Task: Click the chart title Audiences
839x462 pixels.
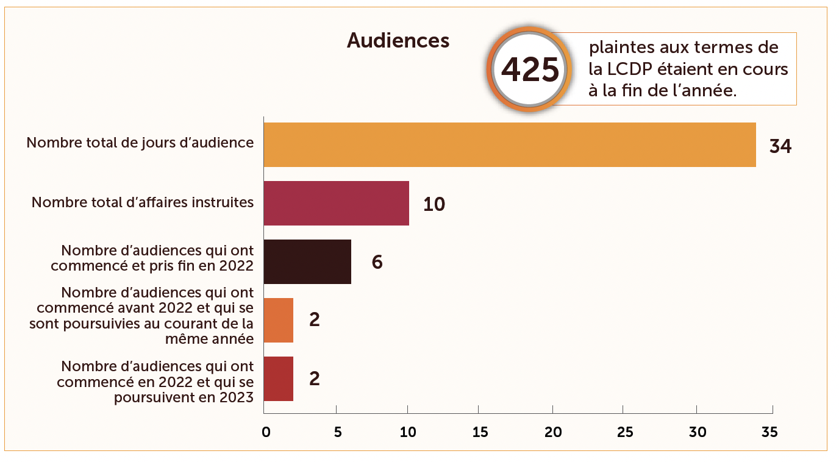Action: point(398,41)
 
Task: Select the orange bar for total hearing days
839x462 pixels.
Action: point(509,144)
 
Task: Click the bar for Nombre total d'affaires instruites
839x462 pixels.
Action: point(336,203)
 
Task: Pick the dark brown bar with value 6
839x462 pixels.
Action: point(307,261)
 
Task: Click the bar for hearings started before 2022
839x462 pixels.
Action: point(279,320)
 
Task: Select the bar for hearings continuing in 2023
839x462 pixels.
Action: point(279,378)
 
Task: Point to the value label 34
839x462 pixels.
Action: point(780,146)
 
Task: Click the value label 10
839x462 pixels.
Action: point(434,204)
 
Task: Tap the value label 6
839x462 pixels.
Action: point(377,263)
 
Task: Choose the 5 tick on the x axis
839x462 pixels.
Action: point(336,432)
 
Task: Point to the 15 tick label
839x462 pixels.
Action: point(480,432)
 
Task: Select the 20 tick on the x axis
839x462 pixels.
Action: point(552,432)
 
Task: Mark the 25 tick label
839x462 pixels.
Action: point(624,432)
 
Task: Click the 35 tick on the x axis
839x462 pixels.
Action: point(769,432)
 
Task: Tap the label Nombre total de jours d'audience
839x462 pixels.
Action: point(140,143)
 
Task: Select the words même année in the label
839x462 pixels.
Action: point(209,339)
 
